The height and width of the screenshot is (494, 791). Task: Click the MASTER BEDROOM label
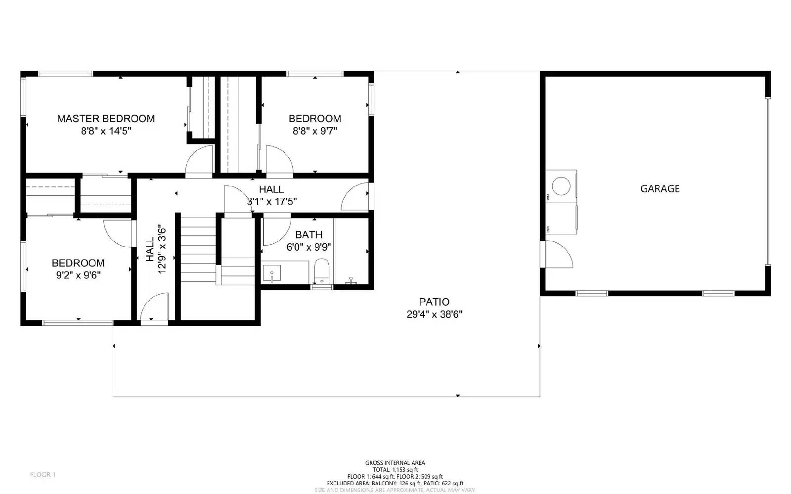[x=106, y=119]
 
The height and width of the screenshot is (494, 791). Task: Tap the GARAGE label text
[x=659, y=188]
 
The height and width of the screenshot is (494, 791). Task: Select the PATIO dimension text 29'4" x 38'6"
[x=434, y=314]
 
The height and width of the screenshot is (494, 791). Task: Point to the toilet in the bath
[x=321, y=269]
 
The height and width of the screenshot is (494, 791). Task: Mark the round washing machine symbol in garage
[x=561, y=186]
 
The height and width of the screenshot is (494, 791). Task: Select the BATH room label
[x=308, y=235]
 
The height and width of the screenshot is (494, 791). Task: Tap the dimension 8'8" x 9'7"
[x=314, y=131]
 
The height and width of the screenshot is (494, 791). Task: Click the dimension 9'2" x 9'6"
[x=78, y=275]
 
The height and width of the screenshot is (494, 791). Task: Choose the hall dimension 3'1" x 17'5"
[x=271, y=201]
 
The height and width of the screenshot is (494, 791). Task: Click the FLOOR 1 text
[x=43, y=475]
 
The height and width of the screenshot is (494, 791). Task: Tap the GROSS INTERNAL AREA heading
[x=395, y=463]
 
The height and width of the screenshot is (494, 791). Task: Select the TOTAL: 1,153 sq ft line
[x=395, y=470]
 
